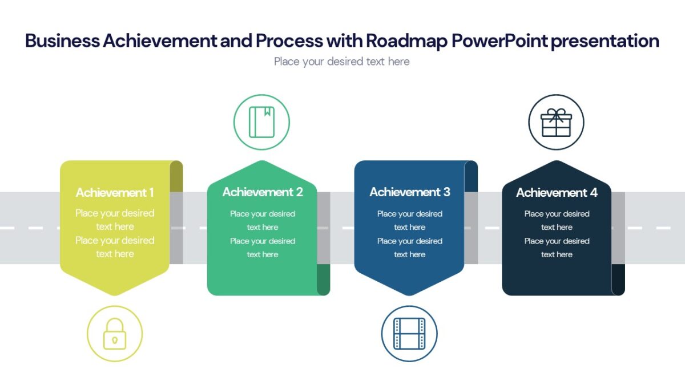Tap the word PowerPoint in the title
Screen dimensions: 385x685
498,41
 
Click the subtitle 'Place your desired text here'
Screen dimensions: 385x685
341,62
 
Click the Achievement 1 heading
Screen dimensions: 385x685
115,193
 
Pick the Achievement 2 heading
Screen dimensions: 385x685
263,192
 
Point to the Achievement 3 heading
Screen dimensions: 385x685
410,192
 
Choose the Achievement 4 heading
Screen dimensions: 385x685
557,193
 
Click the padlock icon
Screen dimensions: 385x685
115,334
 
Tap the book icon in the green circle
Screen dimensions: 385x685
261,122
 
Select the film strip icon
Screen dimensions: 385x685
409,334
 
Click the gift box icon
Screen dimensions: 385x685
556,123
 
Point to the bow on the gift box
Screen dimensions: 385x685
556,112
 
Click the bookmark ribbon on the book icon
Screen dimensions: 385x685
267,112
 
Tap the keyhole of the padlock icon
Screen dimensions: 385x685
115,340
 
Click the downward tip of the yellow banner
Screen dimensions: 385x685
115,294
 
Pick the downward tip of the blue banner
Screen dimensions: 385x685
409,294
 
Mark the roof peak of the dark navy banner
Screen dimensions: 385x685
556,162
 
